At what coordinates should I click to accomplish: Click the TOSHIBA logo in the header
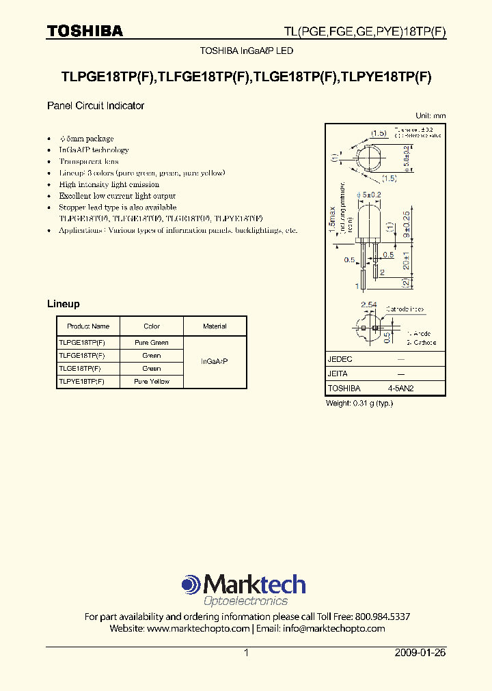[x=85, y=31]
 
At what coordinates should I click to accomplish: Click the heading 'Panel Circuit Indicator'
[x=95, y=106]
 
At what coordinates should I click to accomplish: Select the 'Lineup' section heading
[x=63, y=304]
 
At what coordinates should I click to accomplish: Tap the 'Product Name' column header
[x=88, y=326]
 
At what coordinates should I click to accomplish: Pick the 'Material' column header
[x=215, y=326]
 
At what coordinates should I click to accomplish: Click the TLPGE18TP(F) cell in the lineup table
[x=82, y=343]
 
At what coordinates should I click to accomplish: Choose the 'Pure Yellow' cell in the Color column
[x=152, y=382]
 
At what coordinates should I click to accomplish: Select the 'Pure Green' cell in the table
[x=152, y=343]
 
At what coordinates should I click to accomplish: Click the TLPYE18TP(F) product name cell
[x=82, y=382]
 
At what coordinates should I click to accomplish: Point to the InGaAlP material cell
[x=215, y=361]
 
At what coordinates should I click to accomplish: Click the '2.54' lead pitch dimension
[x=369, y=305]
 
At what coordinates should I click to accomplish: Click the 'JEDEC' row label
[x=340, y=359]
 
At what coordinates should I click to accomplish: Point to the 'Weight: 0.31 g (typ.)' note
[x=359, y=404]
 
